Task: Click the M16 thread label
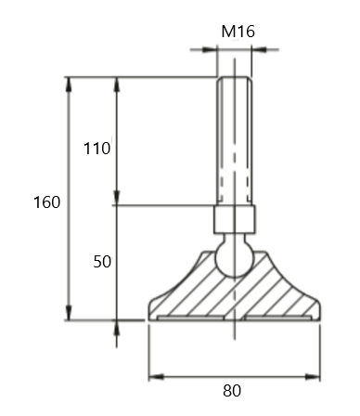(x=238, y=32)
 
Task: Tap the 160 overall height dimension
(x=46, y=202)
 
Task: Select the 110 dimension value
(x=97, y=149)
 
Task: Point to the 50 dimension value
(x=102, y=262)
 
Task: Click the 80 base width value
(x=232, y=391)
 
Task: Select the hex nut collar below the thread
(x=235, y=219)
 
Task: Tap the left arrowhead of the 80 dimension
(x=156, y=377)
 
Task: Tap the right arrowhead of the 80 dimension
(x=313, y=377)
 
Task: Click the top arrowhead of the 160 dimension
(x=69, y=84)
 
